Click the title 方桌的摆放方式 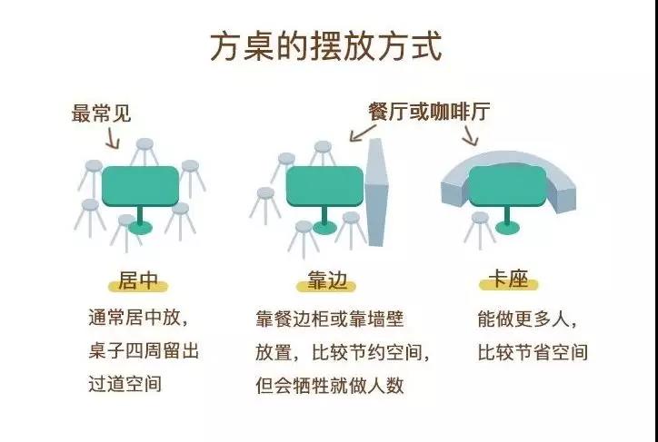click(325, 47)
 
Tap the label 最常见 click(102, 113)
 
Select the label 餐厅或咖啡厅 click(429, 112)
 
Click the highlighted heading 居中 click(138, 281)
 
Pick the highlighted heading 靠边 click(326, 281)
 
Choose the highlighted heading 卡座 click(508, 280)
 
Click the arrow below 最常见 click(113, 138)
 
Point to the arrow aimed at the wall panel click(363, 133)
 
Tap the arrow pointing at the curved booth click(470, 135)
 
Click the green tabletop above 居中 click(141, 186)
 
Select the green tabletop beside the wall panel click(324, 186)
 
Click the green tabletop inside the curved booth click(507, 186)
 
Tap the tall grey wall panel click(376, 192)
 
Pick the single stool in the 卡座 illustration click(479, 231)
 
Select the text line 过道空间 click(125, 384)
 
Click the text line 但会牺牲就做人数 click(329, 385)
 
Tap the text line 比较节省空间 click(532, 352)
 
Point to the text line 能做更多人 click(527, 319)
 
